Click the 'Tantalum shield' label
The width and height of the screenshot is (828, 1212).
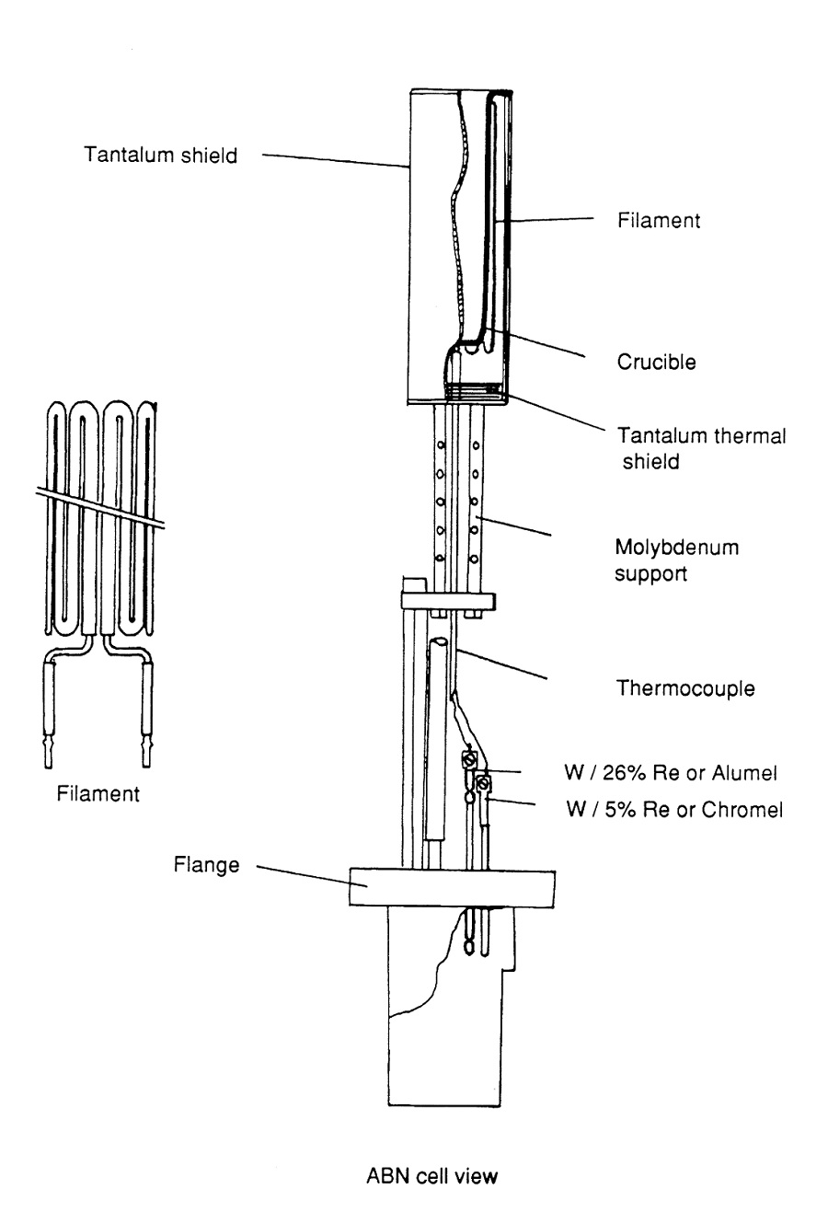tap(161, 155)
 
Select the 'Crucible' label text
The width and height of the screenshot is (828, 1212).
tap(656, 362)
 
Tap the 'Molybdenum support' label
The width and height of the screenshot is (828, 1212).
tap(676, 560)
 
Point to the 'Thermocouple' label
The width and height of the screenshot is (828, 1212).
tap(685, 688)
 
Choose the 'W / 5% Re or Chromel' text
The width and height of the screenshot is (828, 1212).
tap(676, 811)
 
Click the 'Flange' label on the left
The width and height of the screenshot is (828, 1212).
tap(206, 865)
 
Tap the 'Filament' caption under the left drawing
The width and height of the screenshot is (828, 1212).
tap(98, 793)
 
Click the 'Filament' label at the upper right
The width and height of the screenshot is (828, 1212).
tap(659, 221)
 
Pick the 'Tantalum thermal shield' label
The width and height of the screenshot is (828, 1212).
tap(701, 448)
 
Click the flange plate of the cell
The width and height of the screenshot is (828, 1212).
tap(451, 889)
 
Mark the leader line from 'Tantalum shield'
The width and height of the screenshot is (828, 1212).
tap(336, 161)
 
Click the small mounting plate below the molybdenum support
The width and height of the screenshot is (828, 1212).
tap(448, 602)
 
